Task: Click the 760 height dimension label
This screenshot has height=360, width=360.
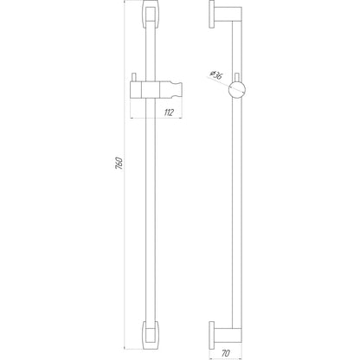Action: pos(119,164)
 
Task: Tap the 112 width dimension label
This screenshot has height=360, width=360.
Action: pos(169,112)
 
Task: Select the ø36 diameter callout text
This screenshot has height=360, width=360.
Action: pos(216,75)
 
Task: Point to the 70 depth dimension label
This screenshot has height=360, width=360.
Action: pos(226,353)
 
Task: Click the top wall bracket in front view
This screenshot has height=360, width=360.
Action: pos(150,14)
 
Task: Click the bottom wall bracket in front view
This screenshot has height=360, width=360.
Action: pos(150,335)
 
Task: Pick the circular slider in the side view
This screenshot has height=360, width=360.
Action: pos(237,89)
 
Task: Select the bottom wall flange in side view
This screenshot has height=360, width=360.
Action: pos(212,336)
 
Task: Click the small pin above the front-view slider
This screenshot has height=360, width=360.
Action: pos(134,77)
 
